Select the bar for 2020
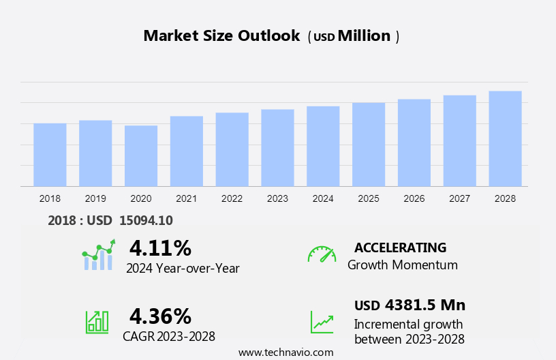pos(141,155)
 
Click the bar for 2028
pos(505,138)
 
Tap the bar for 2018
pos(50,155)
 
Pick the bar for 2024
pos(323,146)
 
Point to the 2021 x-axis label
pos(186,198)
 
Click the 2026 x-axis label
pos(414,198)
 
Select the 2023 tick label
pos(277,198)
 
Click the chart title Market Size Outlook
pos(221,36)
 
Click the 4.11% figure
pos(160,247)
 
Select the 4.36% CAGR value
pos(160,316)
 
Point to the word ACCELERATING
pos(400,247)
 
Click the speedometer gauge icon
pos(322,254)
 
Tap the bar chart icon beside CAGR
pos(97,321)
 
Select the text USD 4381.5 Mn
pos(410,305)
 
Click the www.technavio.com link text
pos(286,352)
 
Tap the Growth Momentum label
pos(402,265)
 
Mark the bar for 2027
pos(459,140)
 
